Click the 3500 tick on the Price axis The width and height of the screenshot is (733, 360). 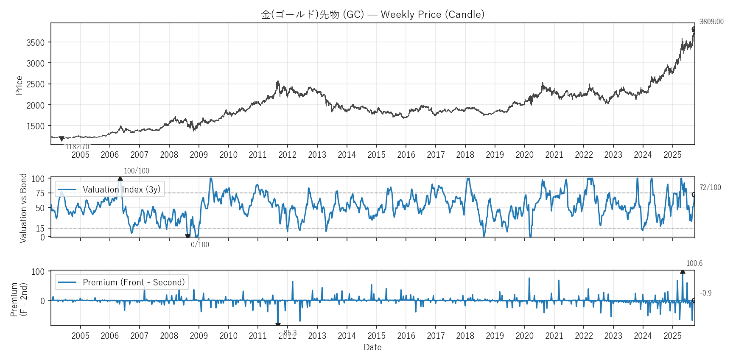pos(36,42)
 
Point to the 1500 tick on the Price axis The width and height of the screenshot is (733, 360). pos(36,126)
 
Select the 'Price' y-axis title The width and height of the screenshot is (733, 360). pos(19,85)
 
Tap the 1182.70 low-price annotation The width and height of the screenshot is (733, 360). pos(77,147)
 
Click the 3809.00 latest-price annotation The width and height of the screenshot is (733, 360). pos(711,22)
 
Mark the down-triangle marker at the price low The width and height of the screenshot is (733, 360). pos(62,139)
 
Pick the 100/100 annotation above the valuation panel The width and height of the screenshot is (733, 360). pos(136,171)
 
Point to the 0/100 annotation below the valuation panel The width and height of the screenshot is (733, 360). pos(200,245)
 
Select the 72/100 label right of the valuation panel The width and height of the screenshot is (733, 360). pos(710,187)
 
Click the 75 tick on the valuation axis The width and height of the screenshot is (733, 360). pos(40,193)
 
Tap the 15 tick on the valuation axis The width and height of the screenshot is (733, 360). pos(40,229)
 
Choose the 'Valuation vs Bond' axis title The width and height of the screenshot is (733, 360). pos(23,208)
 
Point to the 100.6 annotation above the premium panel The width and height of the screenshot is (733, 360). pos(694,263)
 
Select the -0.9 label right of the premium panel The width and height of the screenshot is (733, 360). pos(706,293)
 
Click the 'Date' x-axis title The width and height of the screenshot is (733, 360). pos(372,347)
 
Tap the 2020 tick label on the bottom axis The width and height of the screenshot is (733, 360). pos(524,336)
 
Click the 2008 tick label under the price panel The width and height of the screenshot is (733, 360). pos(169,155)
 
